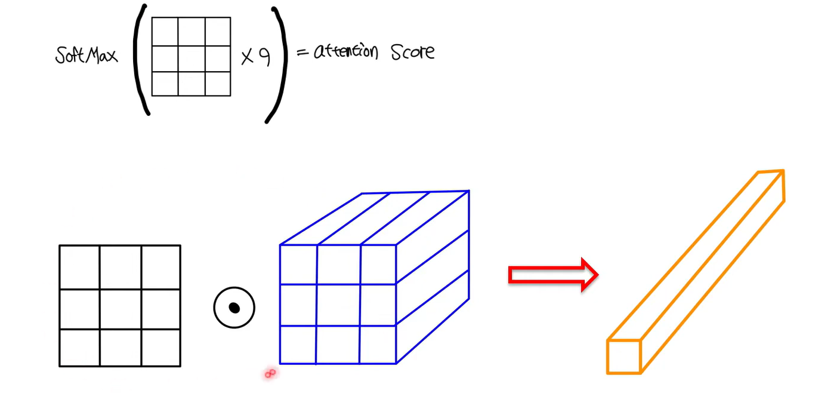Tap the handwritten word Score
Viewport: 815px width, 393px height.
tap(413, 52)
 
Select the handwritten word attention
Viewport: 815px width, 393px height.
tap(345, 51)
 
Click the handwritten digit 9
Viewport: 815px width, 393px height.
tap(264, 57)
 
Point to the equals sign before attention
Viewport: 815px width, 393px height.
tap(302, 53)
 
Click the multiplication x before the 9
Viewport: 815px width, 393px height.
tap(247, 57)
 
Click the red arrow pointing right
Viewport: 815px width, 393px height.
tap(553, 275)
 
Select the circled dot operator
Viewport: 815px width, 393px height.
tap(234, 308)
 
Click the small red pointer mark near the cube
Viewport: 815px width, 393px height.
tap(270, 373)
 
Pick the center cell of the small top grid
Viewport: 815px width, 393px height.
tap(192, 59)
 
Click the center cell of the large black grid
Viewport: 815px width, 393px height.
tap(121, 309)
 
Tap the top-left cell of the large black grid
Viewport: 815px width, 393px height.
tap(79, 268)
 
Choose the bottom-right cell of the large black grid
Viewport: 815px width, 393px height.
tap(160, 348)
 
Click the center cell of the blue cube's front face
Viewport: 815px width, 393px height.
tap(338, 305)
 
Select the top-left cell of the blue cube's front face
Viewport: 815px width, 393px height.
tap(298, 265)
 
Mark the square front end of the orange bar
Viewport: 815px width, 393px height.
tap(623, 357)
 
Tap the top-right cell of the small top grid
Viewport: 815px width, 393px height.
tap(218, 32)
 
